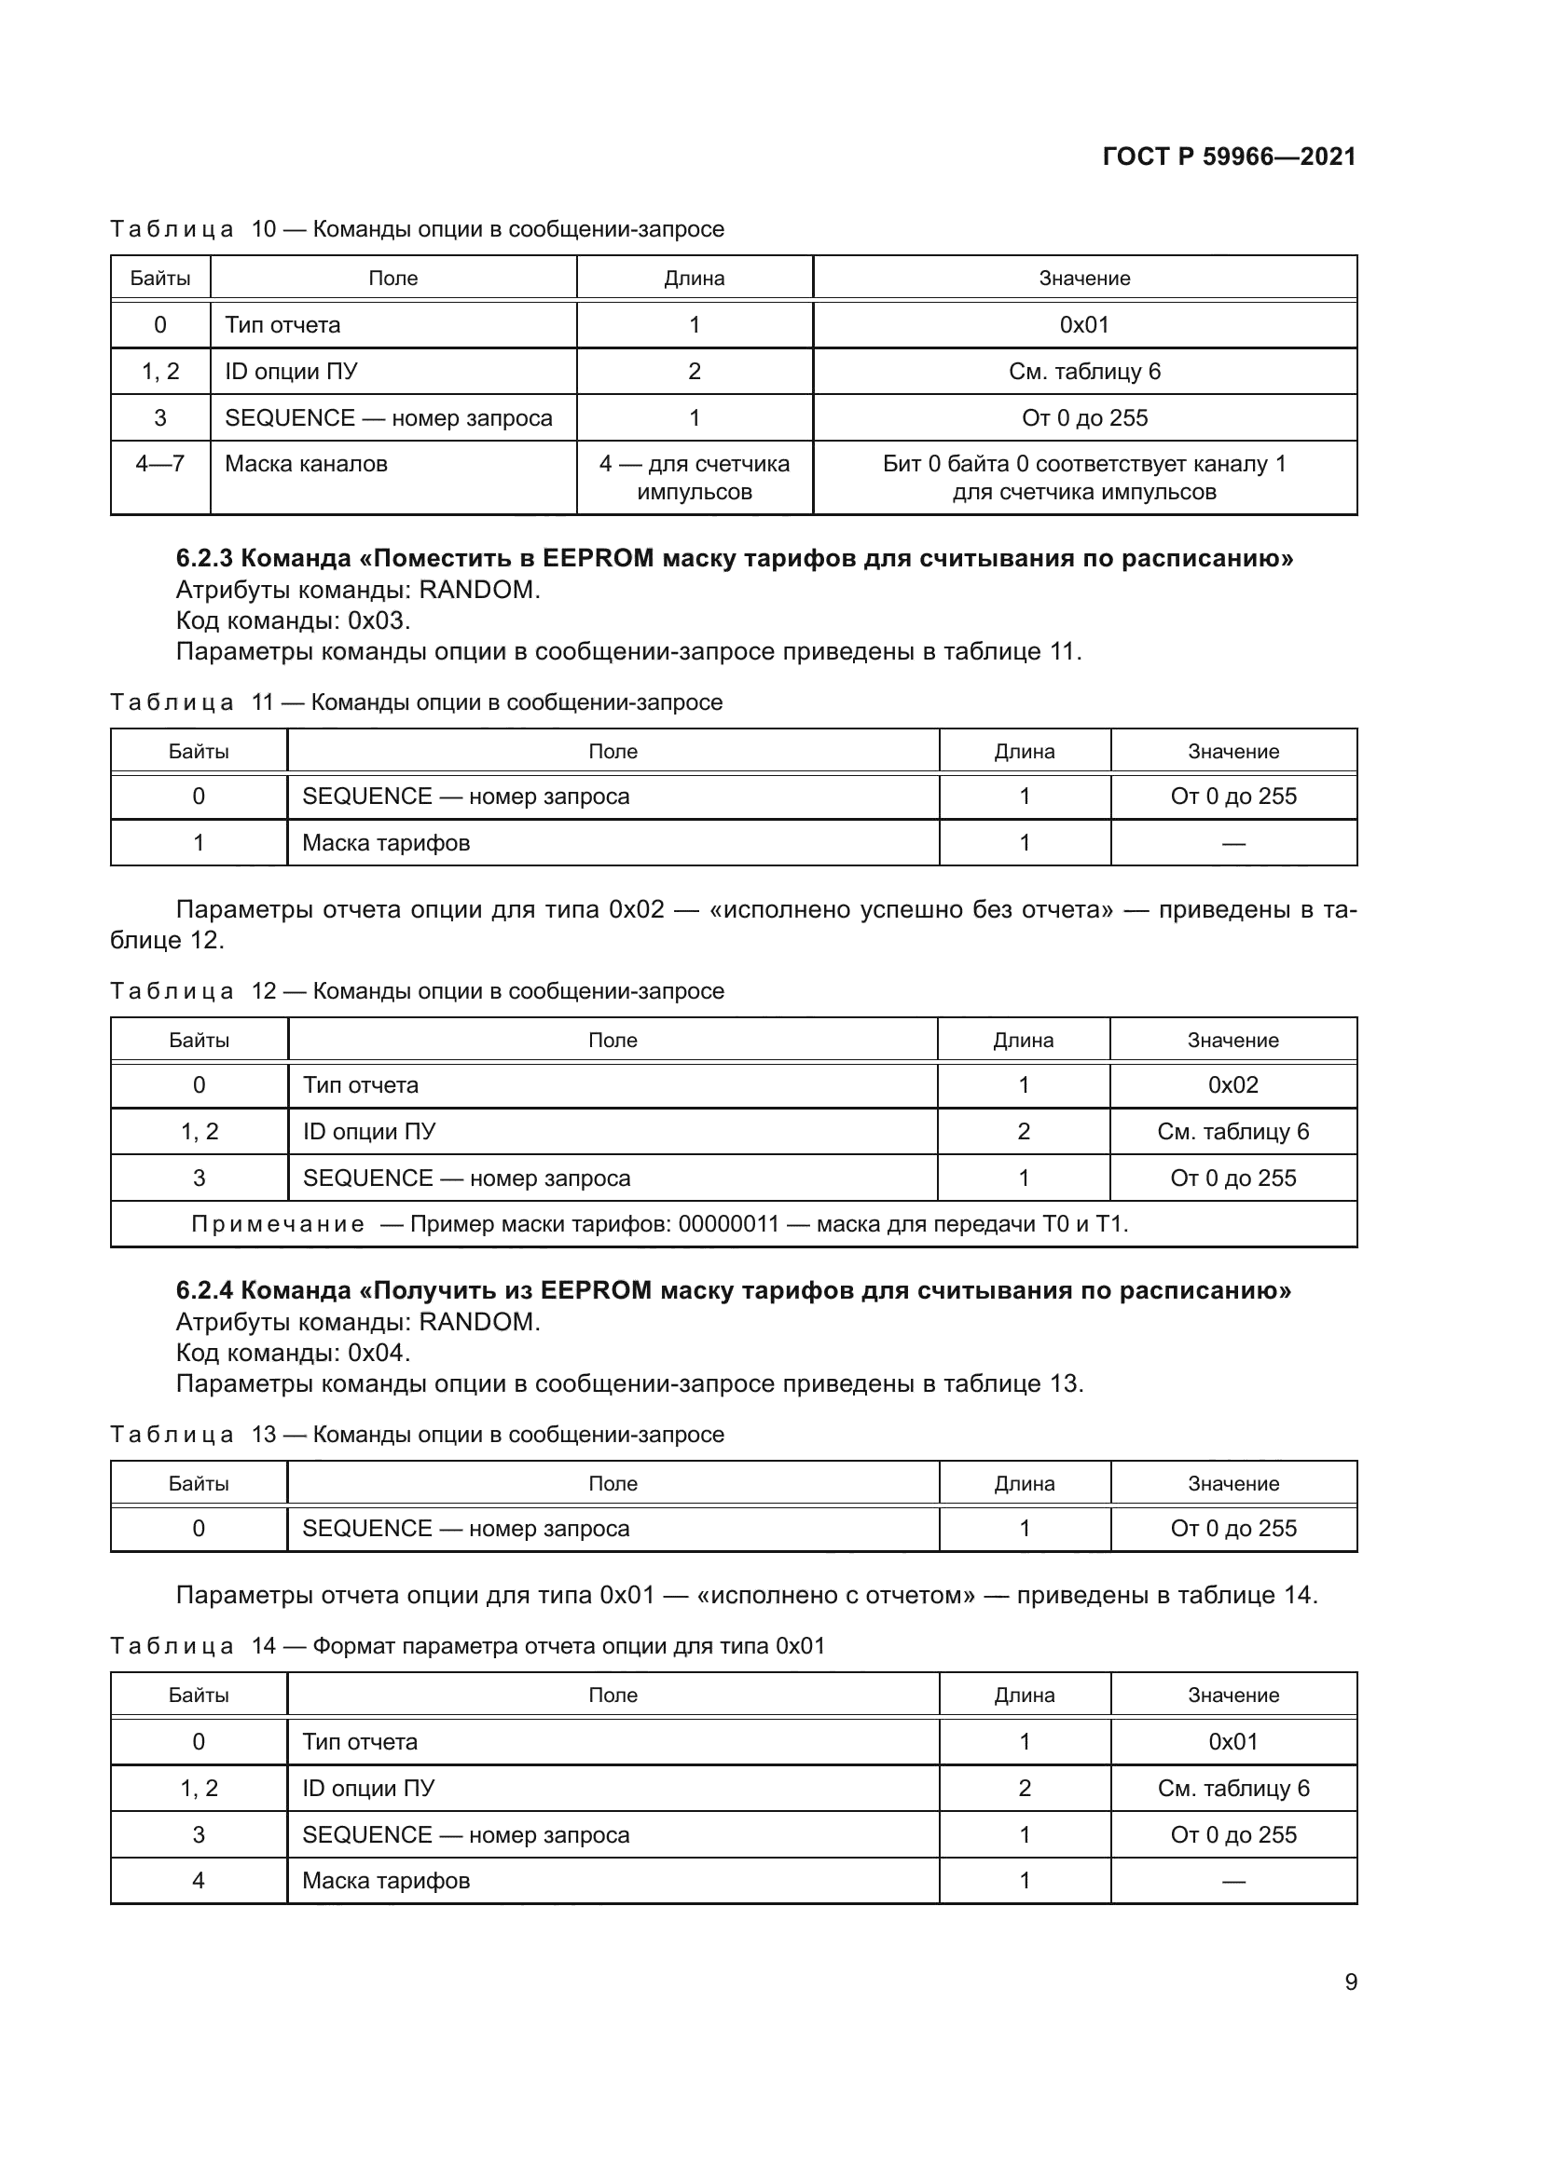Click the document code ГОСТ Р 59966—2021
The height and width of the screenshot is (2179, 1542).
(1229, 157)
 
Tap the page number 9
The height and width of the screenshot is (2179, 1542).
(1350, 1982)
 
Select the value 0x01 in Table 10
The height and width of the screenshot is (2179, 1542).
(1083, 324)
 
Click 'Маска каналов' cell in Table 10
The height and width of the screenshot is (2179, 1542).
(306, 464)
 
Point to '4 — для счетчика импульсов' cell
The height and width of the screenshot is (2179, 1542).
(695, 477)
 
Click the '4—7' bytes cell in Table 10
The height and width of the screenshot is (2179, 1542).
(159, 464)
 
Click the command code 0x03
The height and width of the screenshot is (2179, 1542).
(378, 620)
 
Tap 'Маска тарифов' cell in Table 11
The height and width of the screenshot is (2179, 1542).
(386, 843)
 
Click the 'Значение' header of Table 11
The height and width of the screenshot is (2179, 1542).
(1232, 752)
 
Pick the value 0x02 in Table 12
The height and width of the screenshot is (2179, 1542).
(1232, 1084)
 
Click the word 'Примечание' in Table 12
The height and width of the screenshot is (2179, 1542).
(277, 1224)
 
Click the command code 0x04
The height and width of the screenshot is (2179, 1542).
(378, 1353)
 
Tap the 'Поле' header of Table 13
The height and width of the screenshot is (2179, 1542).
(613, 1483)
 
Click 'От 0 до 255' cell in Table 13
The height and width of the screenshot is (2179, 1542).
(1232, 1529)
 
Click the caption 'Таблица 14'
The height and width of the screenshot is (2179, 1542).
(193, 1645)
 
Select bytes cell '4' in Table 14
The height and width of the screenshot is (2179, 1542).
(199, 1881)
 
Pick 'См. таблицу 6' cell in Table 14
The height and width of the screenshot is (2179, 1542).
(1232, 1789)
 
